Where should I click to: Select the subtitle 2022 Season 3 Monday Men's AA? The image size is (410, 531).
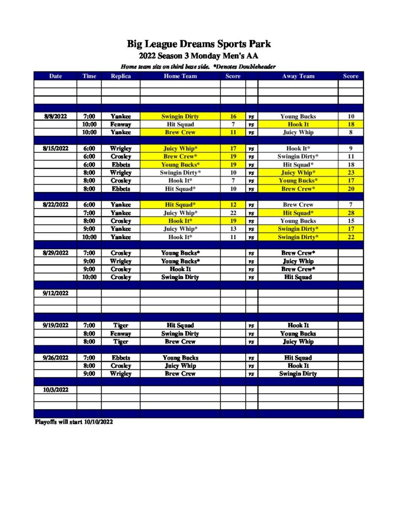[199, 56]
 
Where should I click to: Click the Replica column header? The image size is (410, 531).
[120, 76]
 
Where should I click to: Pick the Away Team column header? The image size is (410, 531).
[298, 76]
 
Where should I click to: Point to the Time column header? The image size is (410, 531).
[89, 76]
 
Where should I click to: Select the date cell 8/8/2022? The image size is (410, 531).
[55, 117]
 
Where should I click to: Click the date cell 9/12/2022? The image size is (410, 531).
[55, 293]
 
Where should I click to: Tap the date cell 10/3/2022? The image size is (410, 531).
[55, 389]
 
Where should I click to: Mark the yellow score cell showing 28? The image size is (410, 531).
[350, 213]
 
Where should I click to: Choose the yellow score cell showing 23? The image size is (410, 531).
[350, 173]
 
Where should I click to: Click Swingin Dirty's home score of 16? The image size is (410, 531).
[233, 117]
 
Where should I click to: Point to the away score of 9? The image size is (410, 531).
[350, 148]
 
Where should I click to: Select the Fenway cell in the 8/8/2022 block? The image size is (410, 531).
[120, 124]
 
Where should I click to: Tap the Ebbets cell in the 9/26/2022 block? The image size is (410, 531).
[120, 358]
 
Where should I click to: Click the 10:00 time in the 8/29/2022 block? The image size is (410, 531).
[89, 277]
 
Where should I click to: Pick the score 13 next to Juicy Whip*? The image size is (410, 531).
[233, 229]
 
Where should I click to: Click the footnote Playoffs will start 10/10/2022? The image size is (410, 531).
[73, 422]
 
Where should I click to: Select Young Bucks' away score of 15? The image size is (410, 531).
[350, 221]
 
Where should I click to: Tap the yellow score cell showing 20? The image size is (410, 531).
[350, 189]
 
